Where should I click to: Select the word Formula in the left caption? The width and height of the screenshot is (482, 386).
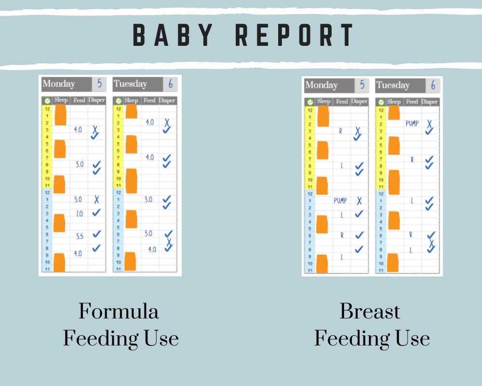pos(119,311)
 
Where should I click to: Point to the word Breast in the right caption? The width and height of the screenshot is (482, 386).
pos(370,311)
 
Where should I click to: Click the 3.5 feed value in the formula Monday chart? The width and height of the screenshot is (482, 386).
pos(80,236)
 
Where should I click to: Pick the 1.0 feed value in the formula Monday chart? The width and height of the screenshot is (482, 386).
pos(79,214)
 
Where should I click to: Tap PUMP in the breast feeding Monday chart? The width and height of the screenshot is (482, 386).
pos(340,201)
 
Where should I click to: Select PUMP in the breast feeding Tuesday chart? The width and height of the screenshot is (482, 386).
pos(412,124)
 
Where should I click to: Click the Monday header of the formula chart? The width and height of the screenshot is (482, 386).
pos(59,84)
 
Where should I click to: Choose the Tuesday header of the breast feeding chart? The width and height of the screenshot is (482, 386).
pos(393,85)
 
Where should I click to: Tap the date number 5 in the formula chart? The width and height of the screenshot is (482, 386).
pos(99,84)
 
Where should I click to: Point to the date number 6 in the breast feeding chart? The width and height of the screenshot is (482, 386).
pos(433,85)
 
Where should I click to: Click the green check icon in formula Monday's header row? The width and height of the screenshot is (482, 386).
pos(47,101)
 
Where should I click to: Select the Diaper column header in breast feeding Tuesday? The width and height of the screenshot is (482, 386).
pos(430,102)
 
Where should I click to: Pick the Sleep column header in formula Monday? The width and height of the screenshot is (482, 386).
pos(61,100)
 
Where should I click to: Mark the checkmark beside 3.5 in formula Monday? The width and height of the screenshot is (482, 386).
pos(96,234)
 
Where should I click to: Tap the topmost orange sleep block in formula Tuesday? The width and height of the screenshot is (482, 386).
pos(131,111)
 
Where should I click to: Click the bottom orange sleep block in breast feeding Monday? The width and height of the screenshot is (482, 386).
pos(322,263)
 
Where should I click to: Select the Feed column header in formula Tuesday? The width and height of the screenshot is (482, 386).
pos(149,100)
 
